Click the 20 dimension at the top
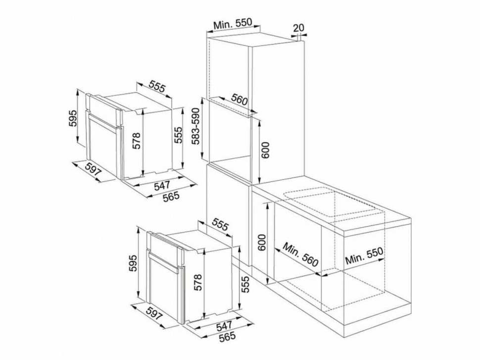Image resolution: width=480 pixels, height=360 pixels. [x=299, y=28]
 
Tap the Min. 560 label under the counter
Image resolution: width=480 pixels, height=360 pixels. [x=300, y=255]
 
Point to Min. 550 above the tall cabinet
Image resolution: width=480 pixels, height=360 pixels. [x=233, y=24]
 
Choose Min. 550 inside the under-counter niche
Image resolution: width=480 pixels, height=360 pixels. [x=364, y=256]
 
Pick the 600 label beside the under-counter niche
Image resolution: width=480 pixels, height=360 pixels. [x=261, y=242]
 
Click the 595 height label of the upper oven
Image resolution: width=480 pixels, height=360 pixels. [x=72, y=118]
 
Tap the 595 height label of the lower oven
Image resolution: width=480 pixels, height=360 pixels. [x=133, y=263]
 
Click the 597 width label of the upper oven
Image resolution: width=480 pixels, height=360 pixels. [x=93, y=169]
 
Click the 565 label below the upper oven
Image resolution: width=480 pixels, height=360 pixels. [x=171, y=196]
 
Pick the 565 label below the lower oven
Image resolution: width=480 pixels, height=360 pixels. [x=228, y=337]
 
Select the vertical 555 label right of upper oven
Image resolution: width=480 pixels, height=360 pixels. [x=178, y=135]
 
